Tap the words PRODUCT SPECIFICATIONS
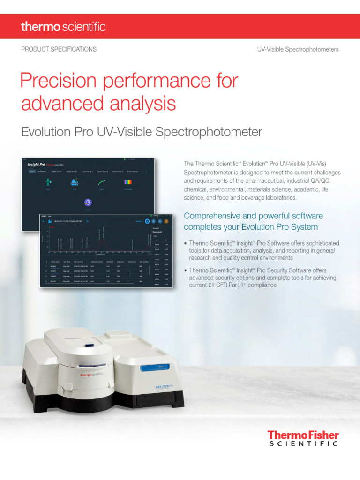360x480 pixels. (59, 49)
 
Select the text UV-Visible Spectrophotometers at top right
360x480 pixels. (298, 49)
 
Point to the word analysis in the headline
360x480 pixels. (141, 103)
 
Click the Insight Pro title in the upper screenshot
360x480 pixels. (36, 165)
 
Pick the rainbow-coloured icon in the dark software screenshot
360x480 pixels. (127, 181)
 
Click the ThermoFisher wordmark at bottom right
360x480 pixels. (303, 436)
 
